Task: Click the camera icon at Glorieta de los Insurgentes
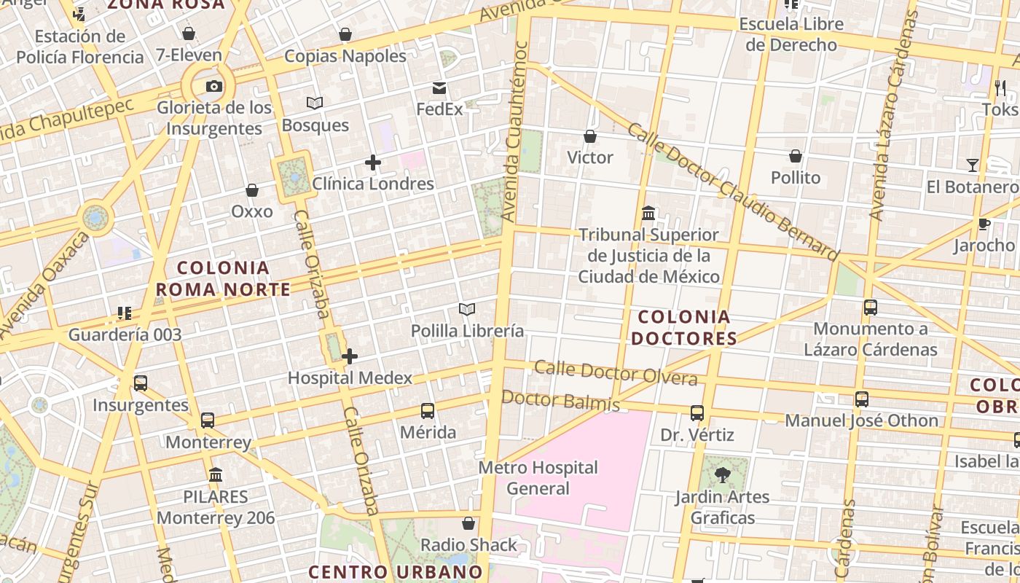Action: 213,87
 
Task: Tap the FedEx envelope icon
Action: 439,88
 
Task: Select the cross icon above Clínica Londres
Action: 373,163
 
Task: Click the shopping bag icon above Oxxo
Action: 252,190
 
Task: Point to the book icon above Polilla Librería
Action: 467,310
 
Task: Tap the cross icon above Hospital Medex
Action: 350,356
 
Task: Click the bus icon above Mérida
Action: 428,411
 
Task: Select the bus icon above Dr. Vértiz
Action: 697,413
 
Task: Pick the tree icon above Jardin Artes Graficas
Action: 723,475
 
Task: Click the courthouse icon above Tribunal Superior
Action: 648,214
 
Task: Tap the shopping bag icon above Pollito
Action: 796,156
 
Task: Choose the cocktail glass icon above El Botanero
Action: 973,165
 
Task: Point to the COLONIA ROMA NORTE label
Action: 223,278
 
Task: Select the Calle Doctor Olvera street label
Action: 616,372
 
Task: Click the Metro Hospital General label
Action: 538,477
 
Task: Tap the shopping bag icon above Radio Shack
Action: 468,523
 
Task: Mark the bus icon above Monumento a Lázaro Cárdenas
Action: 871,308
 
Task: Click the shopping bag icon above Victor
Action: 590,136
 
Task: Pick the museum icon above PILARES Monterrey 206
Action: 216,475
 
